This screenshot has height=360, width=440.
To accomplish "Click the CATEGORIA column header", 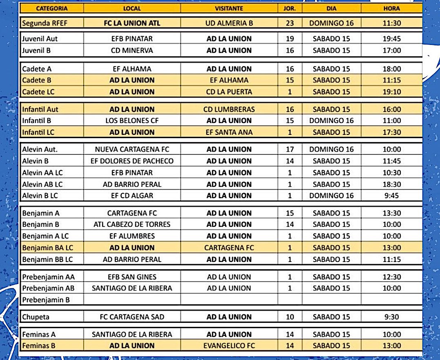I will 52,8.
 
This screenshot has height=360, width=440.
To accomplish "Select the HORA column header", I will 391,8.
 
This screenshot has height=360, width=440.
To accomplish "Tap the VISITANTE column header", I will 229,8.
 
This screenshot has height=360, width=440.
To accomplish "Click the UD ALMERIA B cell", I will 229,23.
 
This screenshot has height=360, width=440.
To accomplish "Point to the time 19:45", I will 391,39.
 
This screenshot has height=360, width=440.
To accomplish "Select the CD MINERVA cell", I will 132,50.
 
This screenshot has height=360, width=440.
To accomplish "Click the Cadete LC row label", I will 38,92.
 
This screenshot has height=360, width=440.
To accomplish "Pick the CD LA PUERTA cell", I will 229,92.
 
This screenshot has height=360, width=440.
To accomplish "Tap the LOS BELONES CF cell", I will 132,121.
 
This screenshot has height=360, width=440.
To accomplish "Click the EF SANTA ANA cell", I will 229,132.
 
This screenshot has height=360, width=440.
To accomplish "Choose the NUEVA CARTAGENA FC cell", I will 132,149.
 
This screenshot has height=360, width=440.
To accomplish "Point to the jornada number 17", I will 290,149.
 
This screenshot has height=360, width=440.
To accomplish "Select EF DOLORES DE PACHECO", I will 132,161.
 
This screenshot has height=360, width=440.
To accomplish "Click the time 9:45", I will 391,195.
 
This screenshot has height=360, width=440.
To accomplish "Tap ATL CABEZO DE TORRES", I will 132,224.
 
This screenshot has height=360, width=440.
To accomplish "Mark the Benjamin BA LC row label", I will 48,248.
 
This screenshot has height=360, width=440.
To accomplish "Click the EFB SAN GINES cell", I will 132,277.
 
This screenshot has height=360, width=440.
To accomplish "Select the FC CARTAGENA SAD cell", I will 132,317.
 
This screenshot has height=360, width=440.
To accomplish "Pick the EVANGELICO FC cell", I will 229,346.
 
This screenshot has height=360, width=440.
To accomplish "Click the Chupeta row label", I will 36,317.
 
